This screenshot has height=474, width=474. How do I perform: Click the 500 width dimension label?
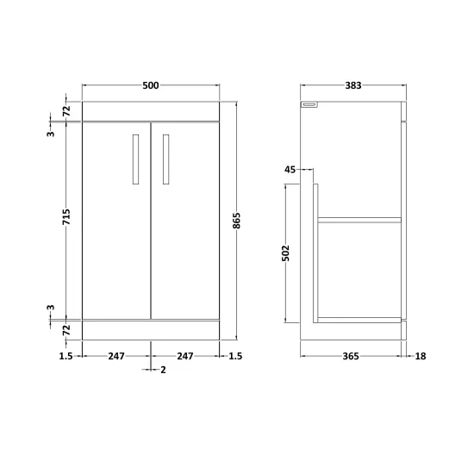tap(151, 85)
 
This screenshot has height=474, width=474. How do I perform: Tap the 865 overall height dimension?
tap(237, 221)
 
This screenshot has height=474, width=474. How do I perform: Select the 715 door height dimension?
tap(66, 216)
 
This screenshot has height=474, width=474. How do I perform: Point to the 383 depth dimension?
tap(353, 85)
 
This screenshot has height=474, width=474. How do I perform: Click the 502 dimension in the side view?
tap(285, 253)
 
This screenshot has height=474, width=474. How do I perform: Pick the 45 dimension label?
tap(290, 170)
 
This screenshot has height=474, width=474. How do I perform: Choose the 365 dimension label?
tap(351, 356)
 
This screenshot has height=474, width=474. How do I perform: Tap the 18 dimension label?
tap(421, 356)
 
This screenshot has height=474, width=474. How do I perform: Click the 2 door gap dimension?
tap(163, 370)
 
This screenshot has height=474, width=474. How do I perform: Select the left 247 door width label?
tap(116, 356)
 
